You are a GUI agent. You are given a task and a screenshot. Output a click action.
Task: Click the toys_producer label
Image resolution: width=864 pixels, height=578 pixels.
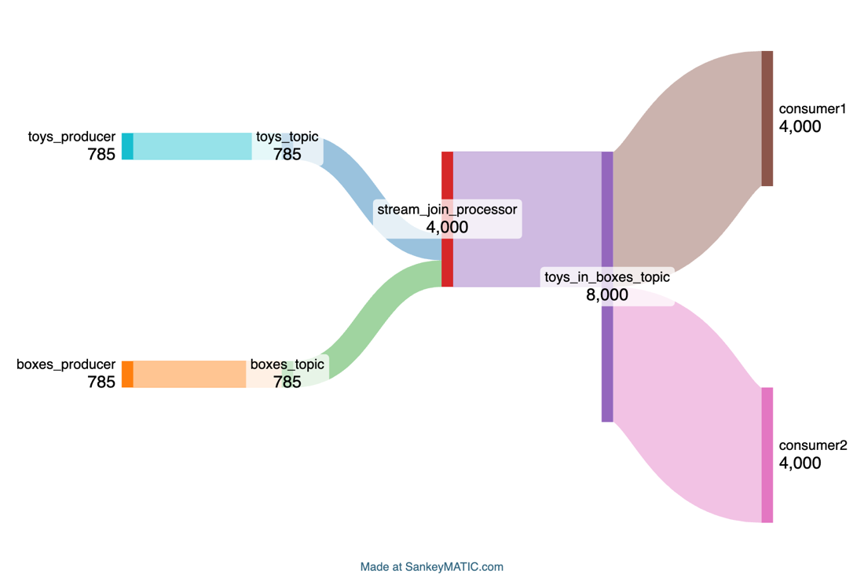71,137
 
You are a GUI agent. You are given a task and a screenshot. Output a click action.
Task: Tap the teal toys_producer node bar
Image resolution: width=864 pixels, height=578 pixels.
127,146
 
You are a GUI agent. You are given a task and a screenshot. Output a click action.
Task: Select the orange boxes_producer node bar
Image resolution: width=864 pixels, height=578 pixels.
127,374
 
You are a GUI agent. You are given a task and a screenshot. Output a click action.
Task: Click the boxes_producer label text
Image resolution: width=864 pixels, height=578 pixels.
66,364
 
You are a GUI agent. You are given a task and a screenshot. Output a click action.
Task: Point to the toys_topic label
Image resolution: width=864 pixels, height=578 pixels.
287,137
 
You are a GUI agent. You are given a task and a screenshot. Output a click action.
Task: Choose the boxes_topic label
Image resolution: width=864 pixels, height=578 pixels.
287,364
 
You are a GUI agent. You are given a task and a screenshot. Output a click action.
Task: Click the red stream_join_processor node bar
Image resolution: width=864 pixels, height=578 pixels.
448,219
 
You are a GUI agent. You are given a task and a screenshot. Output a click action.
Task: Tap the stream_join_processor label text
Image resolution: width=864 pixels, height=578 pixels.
447,210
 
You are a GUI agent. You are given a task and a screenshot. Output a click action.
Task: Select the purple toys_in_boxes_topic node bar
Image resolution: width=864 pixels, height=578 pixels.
607,287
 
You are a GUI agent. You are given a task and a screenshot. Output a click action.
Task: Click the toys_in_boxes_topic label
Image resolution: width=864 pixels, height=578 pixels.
607,277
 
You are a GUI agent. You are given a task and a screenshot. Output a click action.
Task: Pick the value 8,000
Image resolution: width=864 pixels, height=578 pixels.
606,295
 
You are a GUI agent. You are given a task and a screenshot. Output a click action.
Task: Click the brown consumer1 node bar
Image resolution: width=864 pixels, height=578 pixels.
767,119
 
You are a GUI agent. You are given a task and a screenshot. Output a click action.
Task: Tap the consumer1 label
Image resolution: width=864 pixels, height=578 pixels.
812,109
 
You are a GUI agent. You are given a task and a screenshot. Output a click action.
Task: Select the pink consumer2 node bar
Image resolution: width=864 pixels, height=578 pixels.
767,455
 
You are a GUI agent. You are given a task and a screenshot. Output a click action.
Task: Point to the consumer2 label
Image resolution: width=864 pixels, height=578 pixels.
813,445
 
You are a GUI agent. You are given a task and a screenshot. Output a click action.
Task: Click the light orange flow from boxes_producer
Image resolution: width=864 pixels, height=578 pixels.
189,374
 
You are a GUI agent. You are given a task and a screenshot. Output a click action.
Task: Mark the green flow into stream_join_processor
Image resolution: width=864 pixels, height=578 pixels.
380,320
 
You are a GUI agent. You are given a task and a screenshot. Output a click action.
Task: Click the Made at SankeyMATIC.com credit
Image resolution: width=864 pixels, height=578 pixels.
431,567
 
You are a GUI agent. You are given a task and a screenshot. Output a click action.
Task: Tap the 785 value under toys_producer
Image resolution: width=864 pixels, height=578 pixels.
101,154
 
